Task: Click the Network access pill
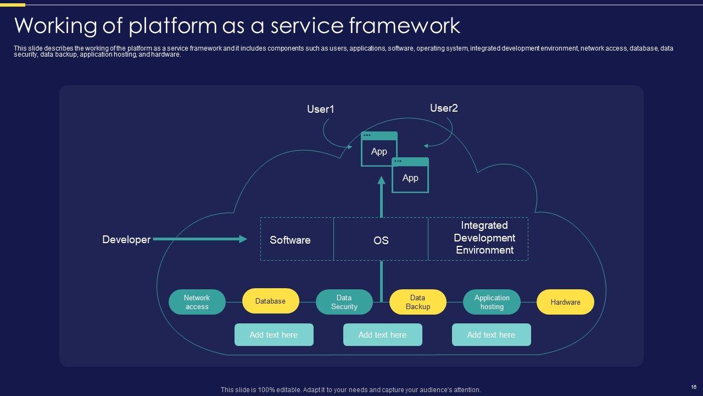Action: click(197, 302)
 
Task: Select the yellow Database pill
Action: click(270, 301)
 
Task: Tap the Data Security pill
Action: click(344, 302)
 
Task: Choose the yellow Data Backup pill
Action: click(417, 302)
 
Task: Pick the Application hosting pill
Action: click(492, 302)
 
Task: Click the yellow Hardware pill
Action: click(565, 302)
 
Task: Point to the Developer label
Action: click(126, 240)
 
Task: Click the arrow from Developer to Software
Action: click(200, 239)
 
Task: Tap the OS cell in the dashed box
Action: click(381, 240)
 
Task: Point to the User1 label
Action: click(320, 109)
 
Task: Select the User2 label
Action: click(444, 108)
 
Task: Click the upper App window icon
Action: click(378, 150)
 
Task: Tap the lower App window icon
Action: click(410, 176)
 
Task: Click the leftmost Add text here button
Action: click(274, 335)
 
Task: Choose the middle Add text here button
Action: click(382, 335)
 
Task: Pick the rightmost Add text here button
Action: click(491, 335)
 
